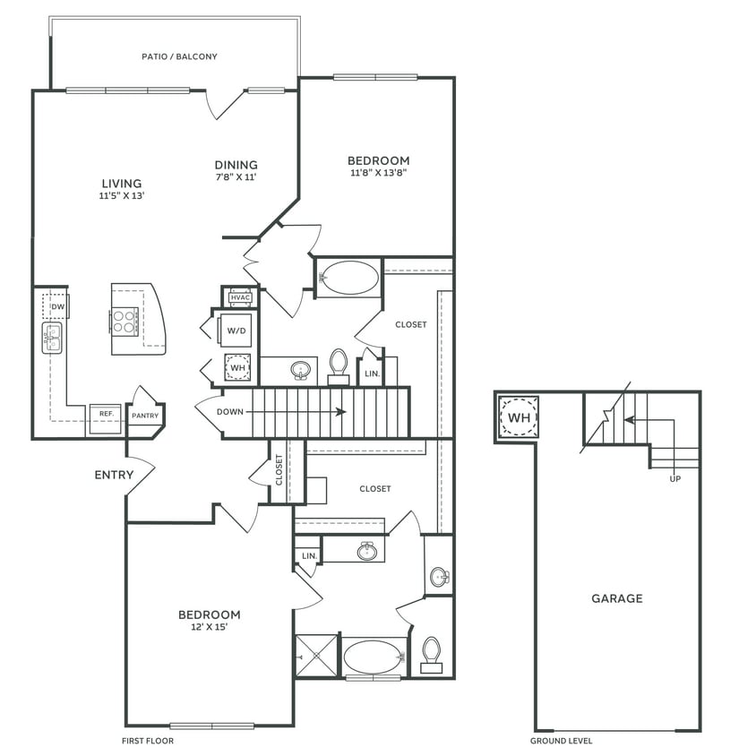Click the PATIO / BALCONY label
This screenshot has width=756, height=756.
179,56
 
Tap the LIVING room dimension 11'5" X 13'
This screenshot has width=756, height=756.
122,194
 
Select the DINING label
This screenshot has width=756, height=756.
236,165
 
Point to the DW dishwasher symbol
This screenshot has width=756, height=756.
56,306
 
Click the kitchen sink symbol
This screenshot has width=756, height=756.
51,338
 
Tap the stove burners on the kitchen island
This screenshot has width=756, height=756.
125,321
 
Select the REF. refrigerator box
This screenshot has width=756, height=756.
105,414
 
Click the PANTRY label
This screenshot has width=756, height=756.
145,416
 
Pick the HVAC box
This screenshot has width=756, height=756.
240,297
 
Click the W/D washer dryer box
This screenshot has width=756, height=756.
236,330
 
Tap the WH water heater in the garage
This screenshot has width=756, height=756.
518,417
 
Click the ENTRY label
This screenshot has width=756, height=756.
114,475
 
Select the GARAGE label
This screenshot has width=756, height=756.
616,598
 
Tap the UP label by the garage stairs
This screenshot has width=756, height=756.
674,478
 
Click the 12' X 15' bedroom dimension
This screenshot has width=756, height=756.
209,628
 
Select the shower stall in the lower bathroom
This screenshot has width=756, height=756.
317,656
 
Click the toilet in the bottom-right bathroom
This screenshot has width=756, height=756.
432,654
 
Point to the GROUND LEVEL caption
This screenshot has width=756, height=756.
561,741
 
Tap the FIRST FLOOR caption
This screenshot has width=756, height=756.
148,741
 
